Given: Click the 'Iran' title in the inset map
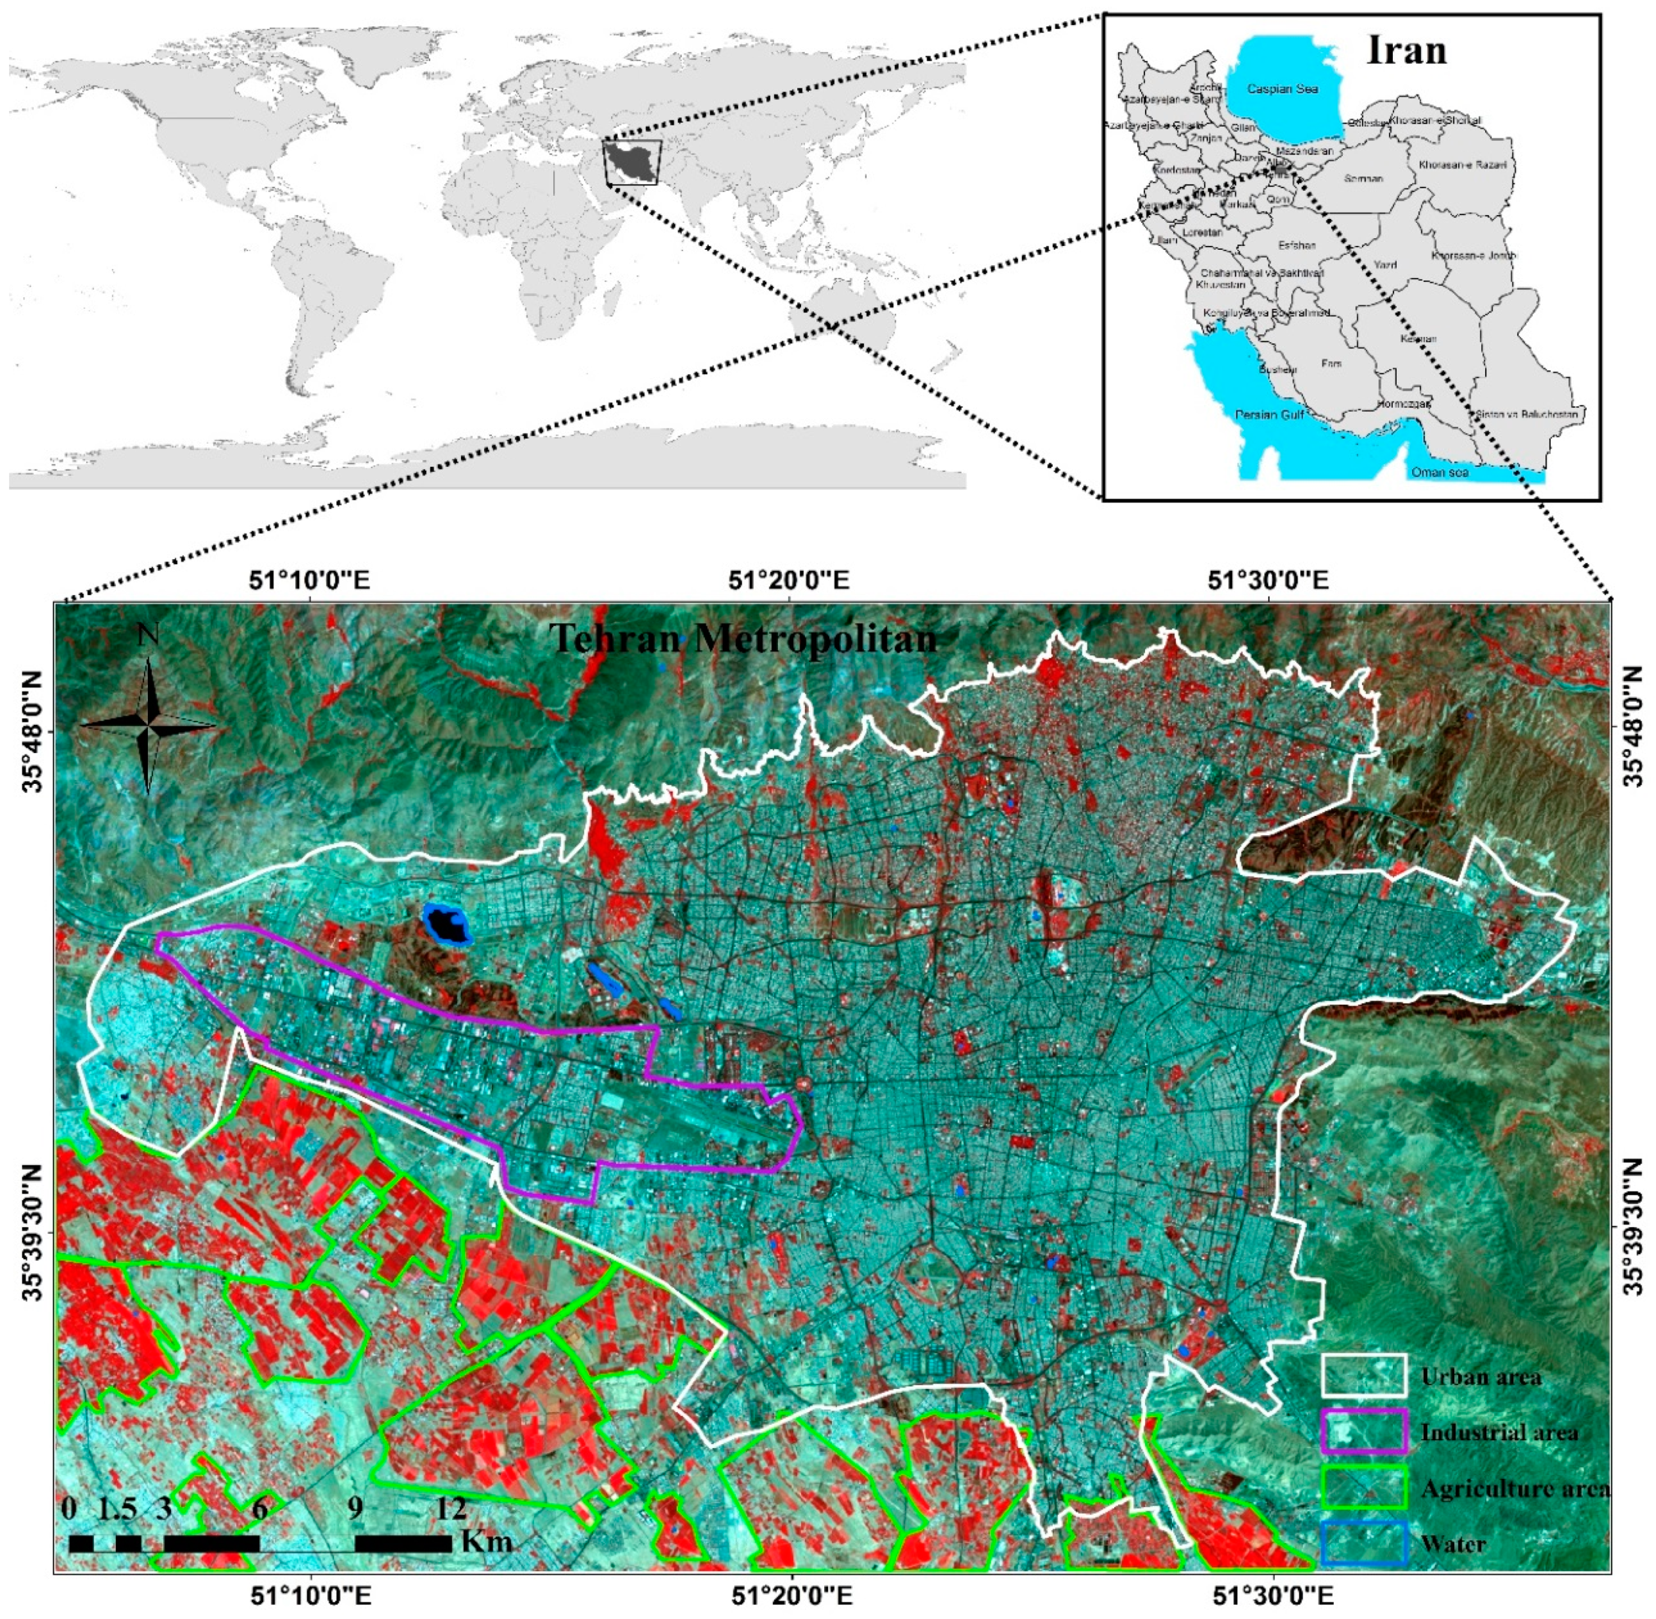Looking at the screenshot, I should tap(1406, 51).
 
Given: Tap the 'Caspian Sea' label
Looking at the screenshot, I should tap(1282, 88).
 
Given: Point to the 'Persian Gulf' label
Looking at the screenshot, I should tap(1269, 415).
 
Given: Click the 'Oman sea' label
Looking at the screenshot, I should tap(1439, 472).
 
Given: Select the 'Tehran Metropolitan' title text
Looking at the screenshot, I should tap(742, 639).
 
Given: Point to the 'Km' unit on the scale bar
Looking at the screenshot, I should tap(486, 1541).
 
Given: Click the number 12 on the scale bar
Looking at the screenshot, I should tap(451, 1508).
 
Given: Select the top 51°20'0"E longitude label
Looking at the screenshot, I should tap(789, 581).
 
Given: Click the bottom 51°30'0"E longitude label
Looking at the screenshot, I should tap(1272, 1596).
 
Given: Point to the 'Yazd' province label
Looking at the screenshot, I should tap(1385, 265).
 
